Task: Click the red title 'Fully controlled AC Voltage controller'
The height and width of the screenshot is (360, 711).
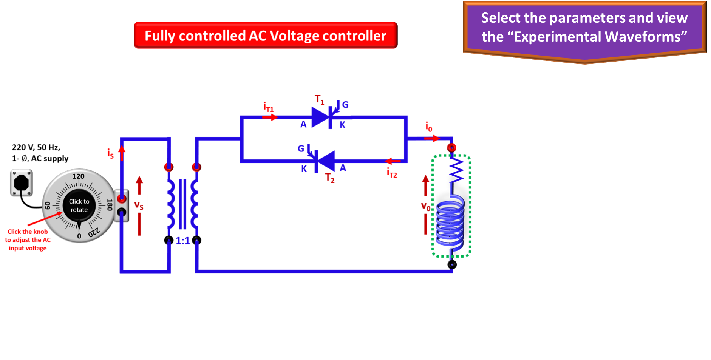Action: coord(265,36)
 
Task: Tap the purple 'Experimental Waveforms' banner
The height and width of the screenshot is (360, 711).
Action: coord(584,28)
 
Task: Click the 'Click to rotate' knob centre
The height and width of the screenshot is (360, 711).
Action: coord(79,205)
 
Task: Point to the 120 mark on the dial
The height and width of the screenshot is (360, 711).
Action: coord(79,176)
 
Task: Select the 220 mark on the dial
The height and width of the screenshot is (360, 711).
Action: coord(94,232)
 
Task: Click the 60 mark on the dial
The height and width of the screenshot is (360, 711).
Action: coord(48,205)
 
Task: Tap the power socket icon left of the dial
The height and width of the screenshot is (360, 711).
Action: coord(21,183)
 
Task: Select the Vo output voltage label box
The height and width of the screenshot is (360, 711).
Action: coord(425,205)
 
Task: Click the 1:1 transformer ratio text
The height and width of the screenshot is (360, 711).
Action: coord(183,241)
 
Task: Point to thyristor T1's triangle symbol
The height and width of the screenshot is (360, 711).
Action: coord(320,117)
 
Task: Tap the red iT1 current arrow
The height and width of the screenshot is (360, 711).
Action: coord(270,117)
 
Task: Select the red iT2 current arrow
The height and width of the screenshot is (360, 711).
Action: coord(393,161)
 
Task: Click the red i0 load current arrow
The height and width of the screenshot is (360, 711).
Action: coord(432,139)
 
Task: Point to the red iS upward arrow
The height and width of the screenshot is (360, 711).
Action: coord(122,153)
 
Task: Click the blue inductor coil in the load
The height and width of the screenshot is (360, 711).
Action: coord(450,223)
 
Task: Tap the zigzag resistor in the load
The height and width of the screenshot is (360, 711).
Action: coord(456,170)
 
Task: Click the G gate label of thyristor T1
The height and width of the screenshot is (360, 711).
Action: coord(345,105)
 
